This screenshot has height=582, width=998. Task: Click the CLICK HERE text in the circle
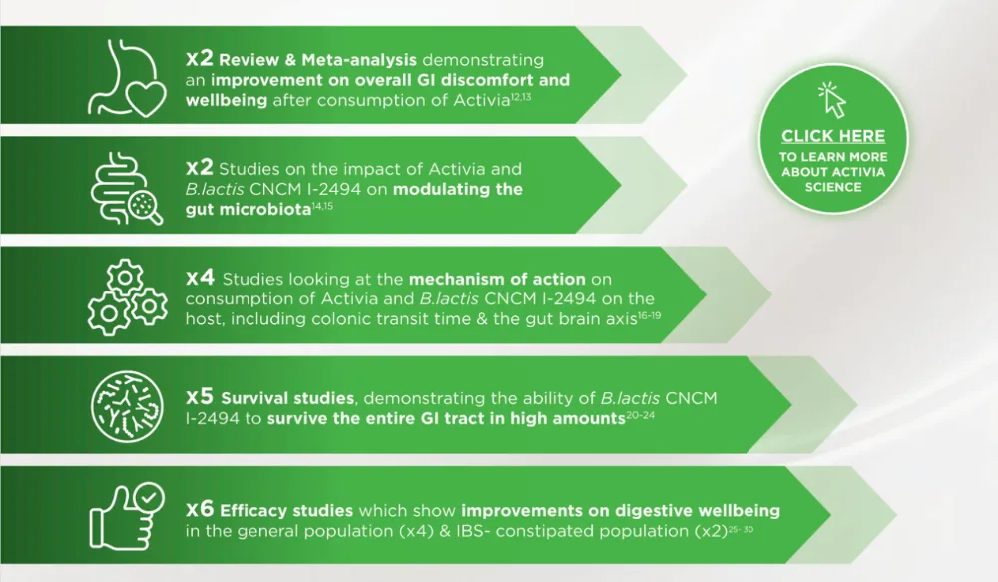[x=832, y=136]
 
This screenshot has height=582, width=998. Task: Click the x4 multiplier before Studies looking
[x=201, y=277]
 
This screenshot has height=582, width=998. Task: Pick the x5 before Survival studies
[x=201, y=397]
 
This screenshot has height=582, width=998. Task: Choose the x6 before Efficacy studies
[x=201, y=509]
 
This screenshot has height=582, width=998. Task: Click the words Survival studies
[x=280, y=399]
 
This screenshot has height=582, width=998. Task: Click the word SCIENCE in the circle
[x=832, y=188]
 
